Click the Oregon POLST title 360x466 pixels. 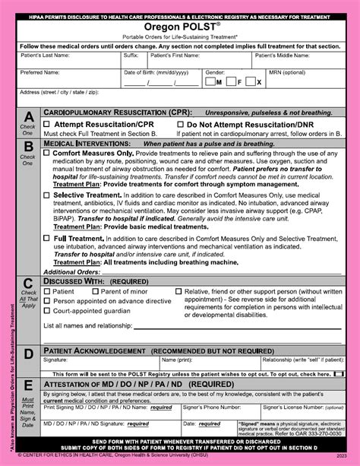pos(180,25)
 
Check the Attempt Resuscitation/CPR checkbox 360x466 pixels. pos(47,124)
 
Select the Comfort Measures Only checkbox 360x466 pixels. pos(47,153)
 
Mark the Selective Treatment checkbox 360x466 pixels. pos(47,195)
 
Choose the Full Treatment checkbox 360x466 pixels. pos(47,238)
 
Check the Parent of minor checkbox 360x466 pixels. pos(94,291)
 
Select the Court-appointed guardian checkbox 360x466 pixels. pos(47,311)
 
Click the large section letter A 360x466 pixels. pos(28,116)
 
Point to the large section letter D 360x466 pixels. pos(28,353)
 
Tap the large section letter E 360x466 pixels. pos(28,386)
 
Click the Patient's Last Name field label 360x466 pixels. pos(46,55)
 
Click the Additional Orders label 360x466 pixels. pos(71,271)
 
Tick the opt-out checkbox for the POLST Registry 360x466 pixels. pos(339,374)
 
